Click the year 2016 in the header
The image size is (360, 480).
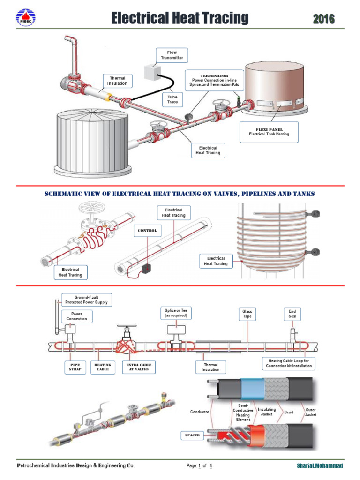point(324,19)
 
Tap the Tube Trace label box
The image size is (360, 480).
point(172,99)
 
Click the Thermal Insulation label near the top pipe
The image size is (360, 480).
point(117,81)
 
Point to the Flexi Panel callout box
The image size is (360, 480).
point(269,131)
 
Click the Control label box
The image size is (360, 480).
point(147,231)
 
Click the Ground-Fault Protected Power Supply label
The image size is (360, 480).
point(86,300)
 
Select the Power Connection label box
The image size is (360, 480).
point(76,316)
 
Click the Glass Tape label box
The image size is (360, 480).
point(247,314)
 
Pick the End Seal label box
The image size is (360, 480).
point(292,314)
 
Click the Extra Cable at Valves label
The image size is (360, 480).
point(139,367)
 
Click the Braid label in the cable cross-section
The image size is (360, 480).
point(289,412)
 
